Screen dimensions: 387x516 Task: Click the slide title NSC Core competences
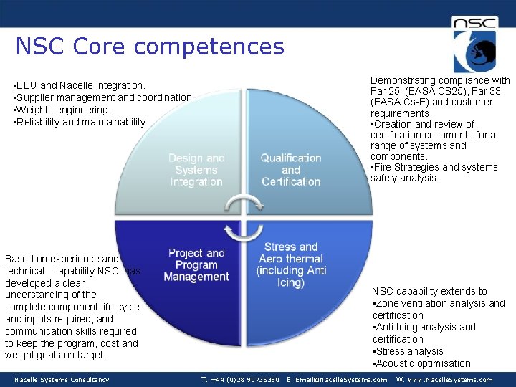pos(150,47)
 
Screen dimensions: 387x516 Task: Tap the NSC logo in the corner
pos(474,44)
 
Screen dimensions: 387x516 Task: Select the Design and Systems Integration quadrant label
pos(196,170)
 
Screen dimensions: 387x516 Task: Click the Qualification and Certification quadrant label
pos(291,170)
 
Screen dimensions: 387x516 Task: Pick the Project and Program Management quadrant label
pos(196,264)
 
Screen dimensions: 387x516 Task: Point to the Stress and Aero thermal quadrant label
pos(291,264)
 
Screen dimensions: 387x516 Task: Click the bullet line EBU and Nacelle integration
pos(80,86)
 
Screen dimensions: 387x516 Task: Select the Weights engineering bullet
pos(63,110)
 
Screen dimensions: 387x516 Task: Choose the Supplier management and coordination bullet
pos(104,98)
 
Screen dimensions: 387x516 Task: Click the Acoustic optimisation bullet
pos(422,363)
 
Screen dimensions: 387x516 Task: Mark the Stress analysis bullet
pos(408,351)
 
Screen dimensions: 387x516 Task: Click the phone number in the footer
pos(240,380)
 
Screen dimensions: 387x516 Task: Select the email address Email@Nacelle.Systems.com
pos(337,380)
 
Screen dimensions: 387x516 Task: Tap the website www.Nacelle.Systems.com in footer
pos(444,380)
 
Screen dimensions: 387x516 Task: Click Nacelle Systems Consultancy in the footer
pos(62,380)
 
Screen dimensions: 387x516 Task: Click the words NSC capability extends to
pos(429,291)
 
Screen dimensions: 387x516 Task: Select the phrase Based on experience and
pos(62,259)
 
